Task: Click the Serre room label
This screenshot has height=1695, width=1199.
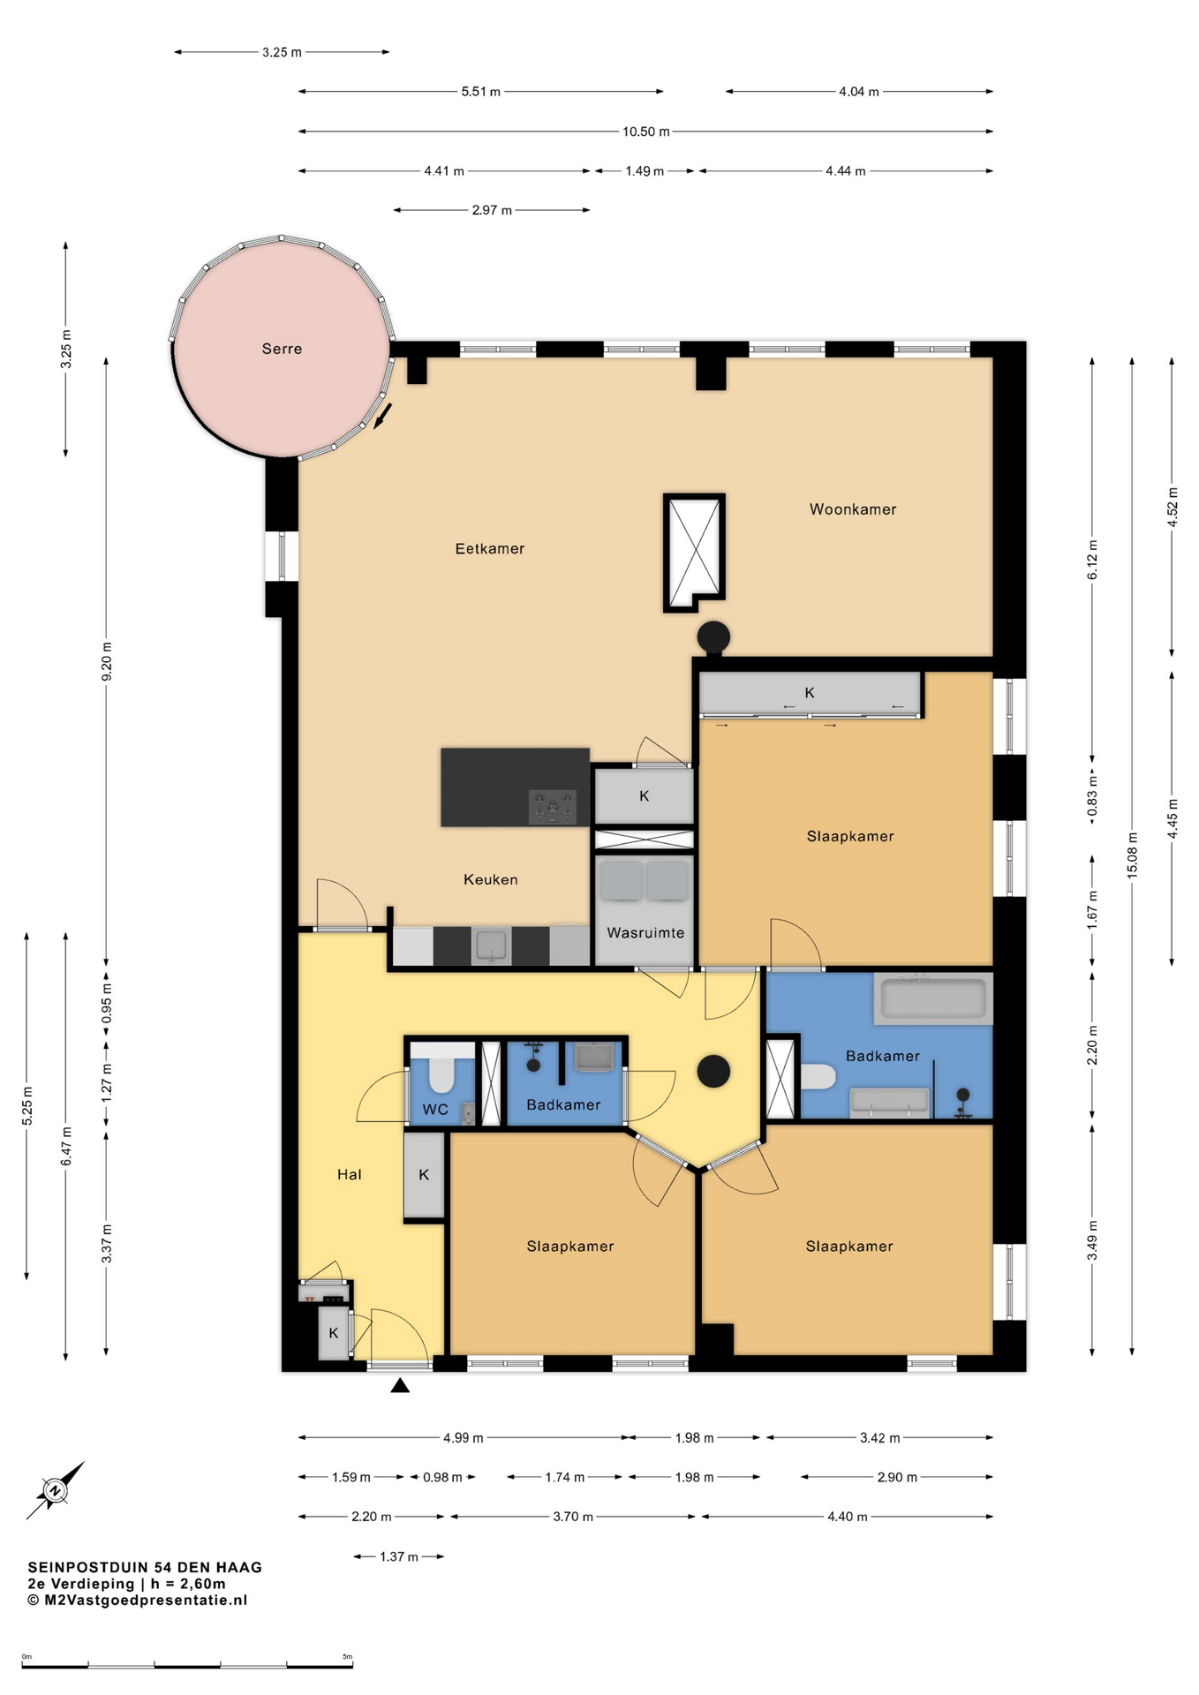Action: (282, 349)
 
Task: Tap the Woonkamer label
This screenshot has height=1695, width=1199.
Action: (853, 509)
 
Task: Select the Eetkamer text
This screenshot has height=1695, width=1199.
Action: (490, 549)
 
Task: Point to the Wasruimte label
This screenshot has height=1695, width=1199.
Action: (645, 933)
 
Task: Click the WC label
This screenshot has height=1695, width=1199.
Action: (435, 1110)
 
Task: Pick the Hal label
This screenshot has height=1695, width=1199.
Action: (350, 1174)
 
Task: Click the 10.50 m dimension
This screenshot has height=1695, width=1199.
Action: (645, 132)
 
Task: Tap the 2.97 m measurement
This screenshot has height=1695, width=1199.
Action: (492, 210)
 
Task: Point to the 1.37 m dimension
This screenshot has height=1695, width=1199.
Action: (399, 1556)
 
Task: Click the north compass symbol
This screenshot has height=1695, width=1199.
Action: (55, 1490)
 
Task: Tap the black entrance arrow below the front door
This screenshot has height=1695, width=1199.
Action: (400, 1385)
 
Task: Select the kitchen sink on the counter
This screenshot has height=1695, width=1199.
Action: (491, 946)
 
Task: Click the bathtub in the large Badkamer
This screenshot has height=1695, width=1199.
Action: (933, 998)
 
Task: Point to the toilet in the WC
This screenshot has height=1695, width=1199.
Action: (441, 1069)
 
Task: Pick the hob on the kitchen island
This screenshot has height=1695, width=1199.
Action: (553, 807)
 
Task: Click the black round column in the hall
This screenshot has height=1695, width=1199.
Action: (713, 1072)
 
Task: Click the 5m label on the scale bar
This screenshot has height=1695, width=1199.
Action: (348, 1657)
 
